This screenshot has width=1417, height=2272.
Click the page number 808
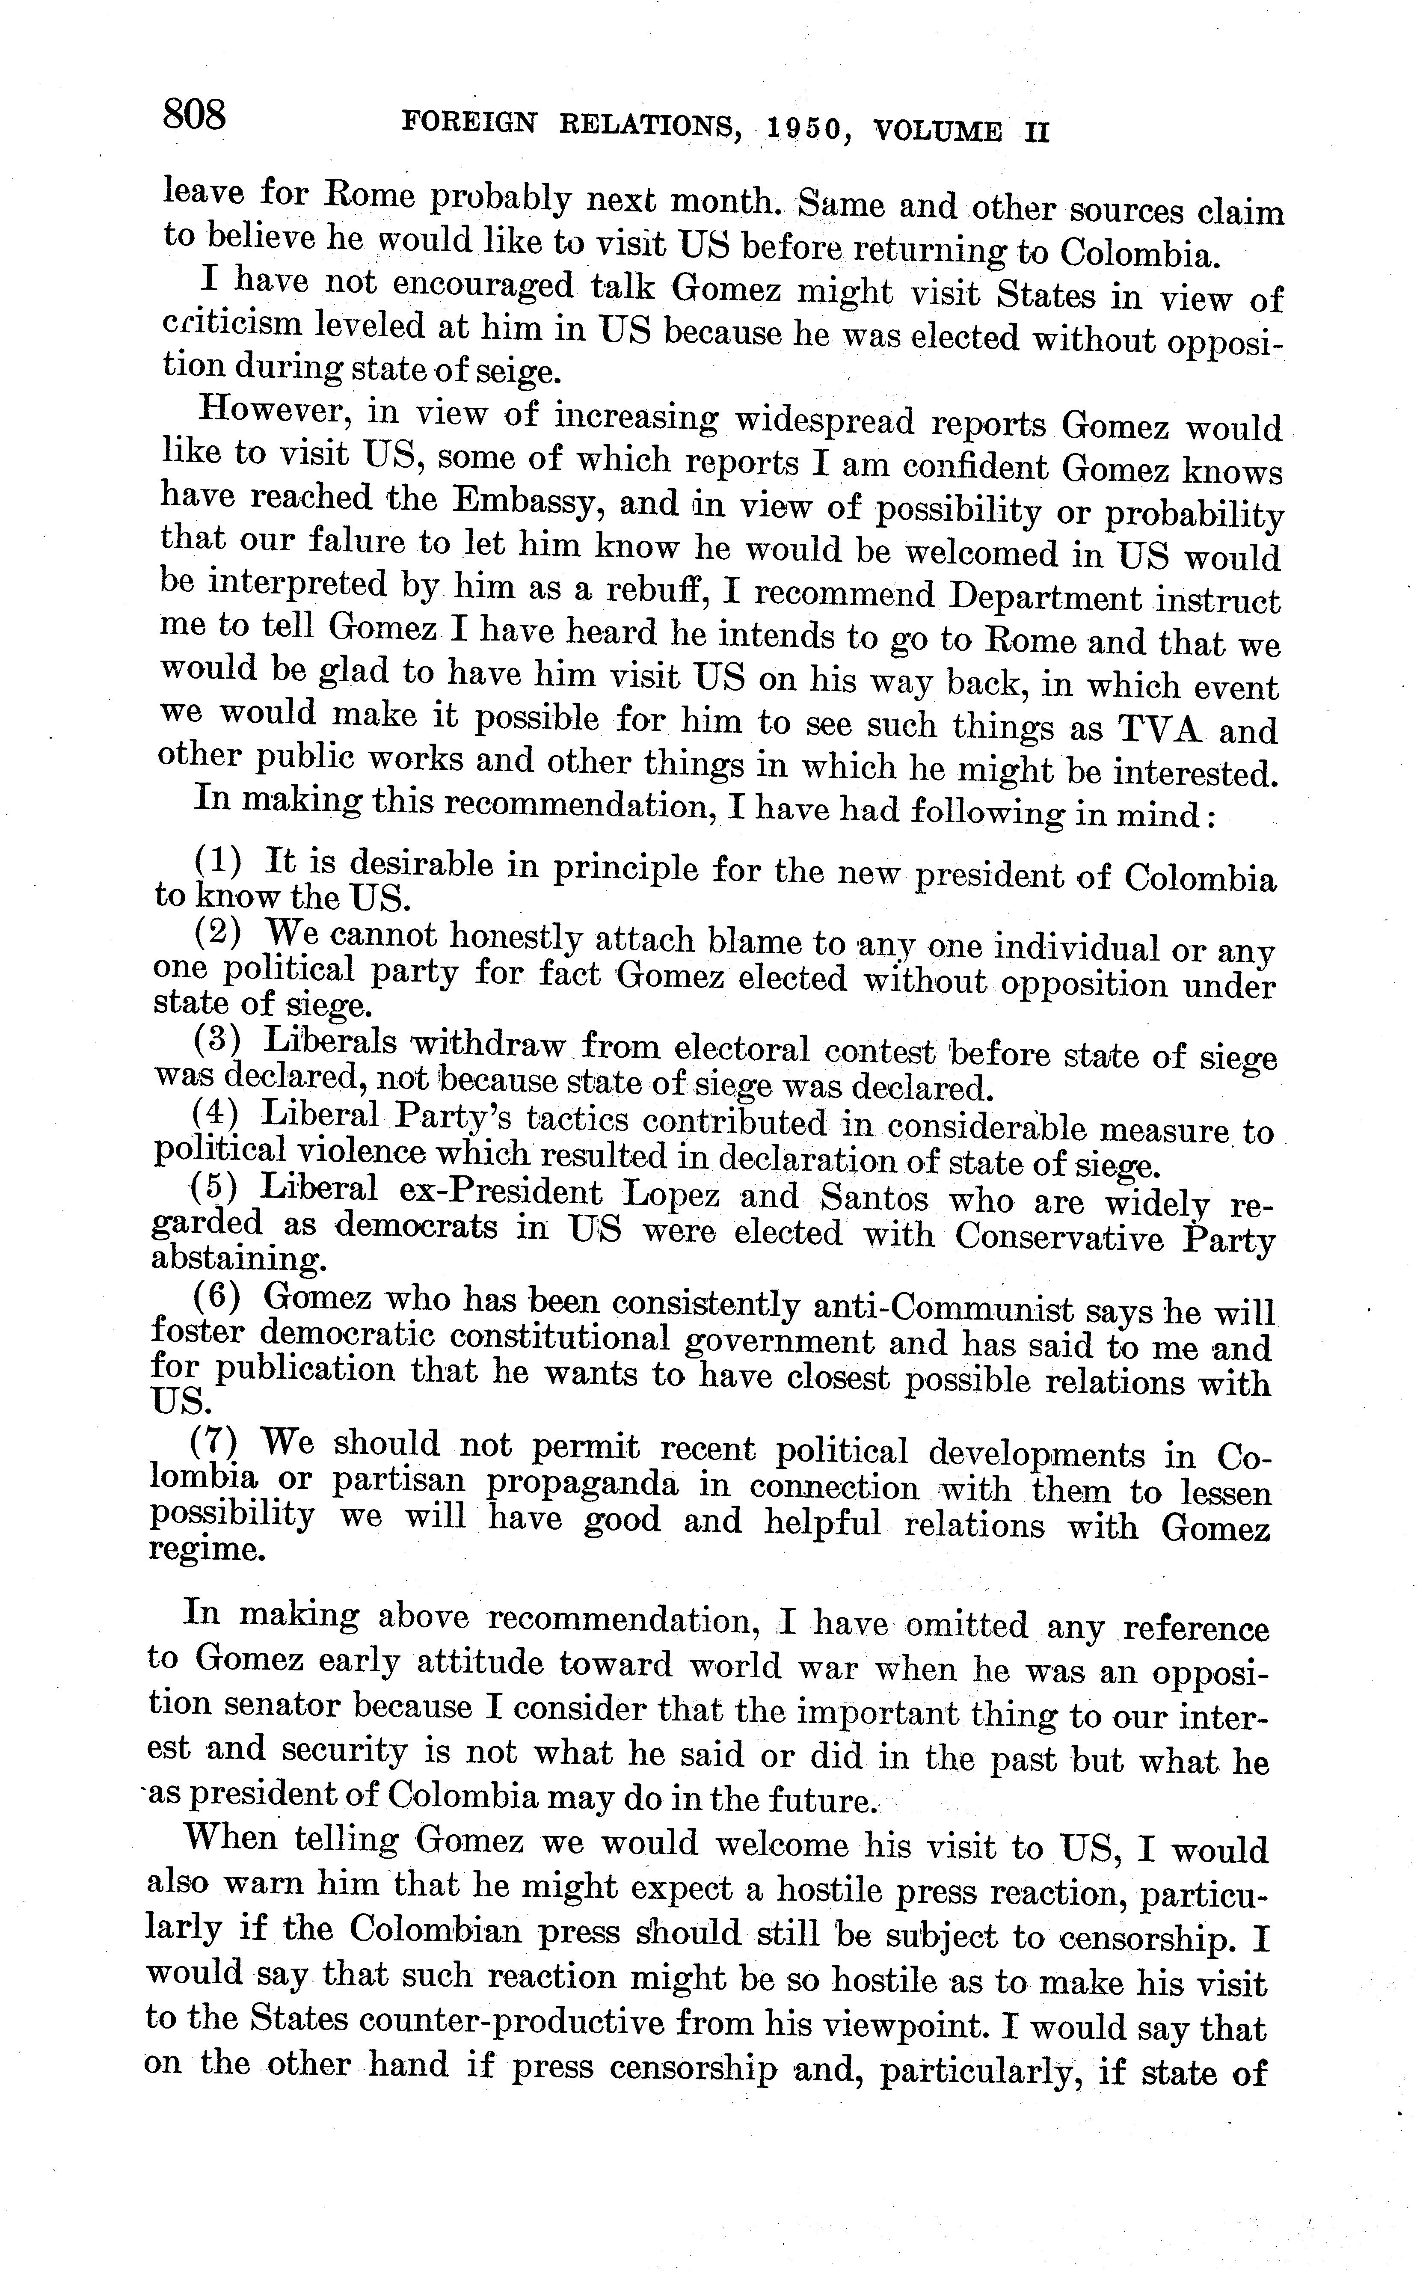coord(195,116)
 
